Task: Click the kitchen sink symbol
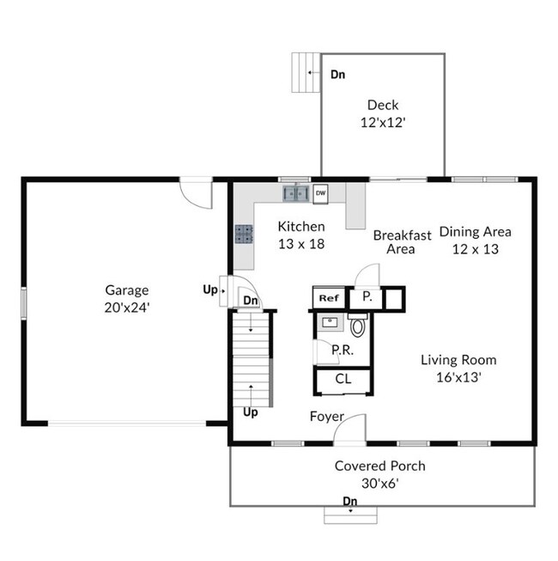(x=296, y=193)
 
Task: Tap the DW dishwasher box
(x=320, y=192)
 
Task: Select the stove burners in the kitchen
(x=245, y=234)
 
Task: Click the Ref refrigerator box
(x=328, y=298)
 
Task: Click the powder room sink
(x=330, y=323)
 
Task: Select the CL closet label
(x=343, y=379)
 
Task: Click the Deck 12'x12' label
(x=382, y=114)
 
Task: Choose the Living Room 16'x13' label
(x=458, y=368)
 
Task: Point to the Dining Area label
(x=475, y=231)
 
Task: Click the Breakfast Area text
(x=401, y=241)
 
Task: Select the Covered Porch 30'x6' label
(x=379, y=474)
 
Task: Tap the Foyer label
(x=326, y=417)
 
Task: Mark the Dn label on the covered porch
(x=350, y=501)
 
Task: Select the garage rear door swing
(x=197, y=194)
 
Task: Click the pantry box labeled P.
(x=366, y=297)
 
